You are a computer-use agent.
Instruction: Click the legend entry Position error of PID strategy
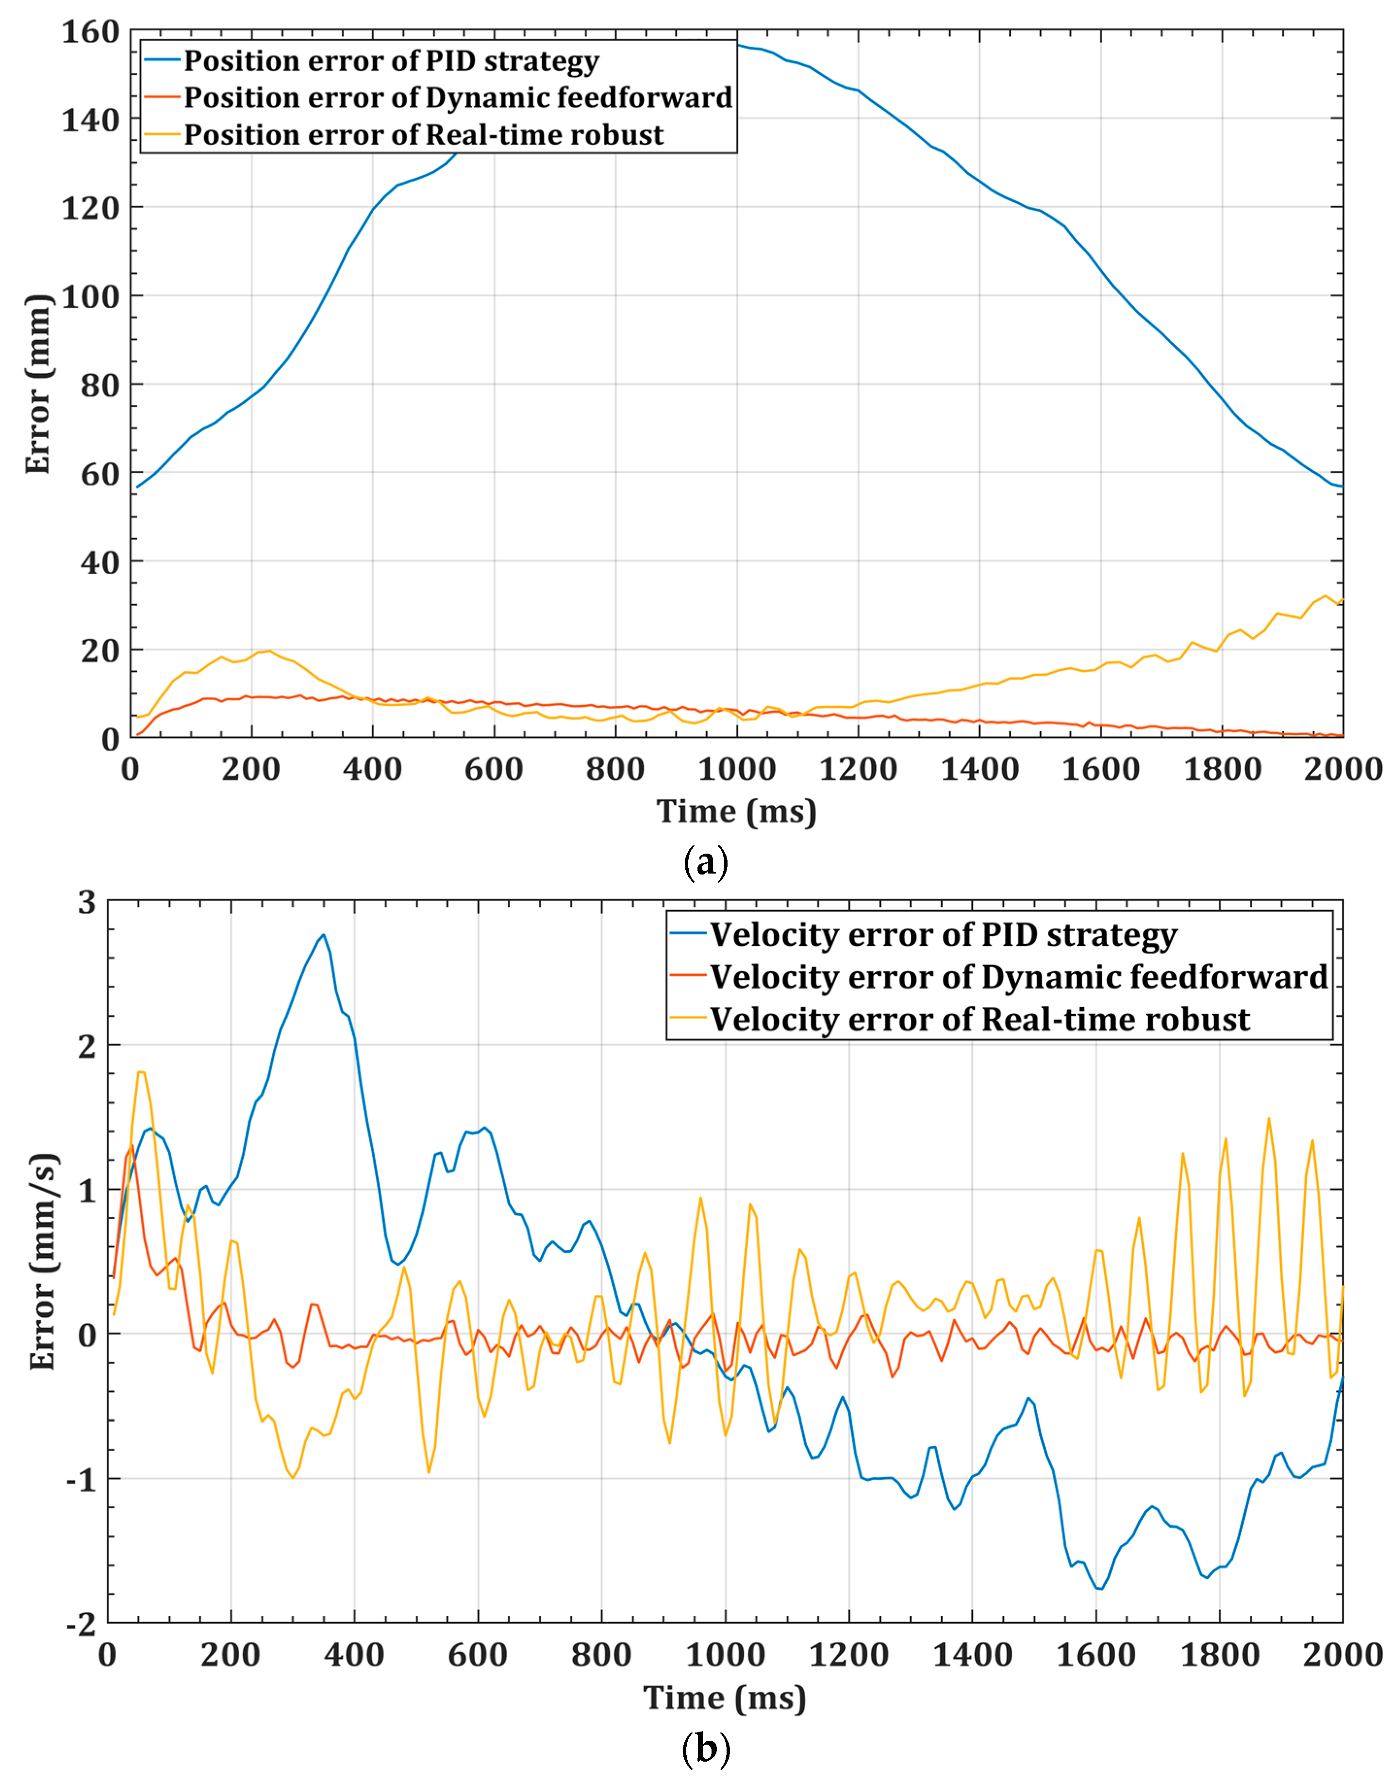click(x=391, y=61)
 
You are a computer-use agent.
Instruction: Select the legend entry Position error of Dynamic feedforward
click(x=457, y=98)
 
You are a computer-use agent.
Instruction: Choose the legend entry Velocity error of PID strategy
click(x=943, y=935)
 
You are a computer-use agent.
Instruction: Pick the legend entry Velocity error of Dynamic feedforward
click(x=1018, y=977)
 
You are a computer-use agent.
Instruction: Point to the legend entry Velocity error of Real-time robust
click(x=980, y=1020)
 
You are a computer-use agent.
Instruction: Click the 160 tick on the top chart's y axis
click(x=90, y=33)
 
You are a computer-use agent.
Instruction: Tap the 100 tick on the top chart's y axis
click(x=90, y=297)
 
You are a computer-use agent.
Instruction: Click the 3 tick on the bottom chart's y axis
click(x=86, y=903)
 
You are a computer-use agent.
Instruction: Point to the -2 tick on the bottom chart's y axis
click(x=80, y=1625)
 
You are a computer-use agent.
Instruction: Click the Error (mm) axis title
click(x=37, y=384)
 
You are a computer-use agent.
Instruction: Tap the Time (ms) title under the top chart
click(x=736, y=811)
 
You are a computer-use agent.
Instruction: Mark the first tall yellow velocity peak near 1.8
click(x=141, y=1072)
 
